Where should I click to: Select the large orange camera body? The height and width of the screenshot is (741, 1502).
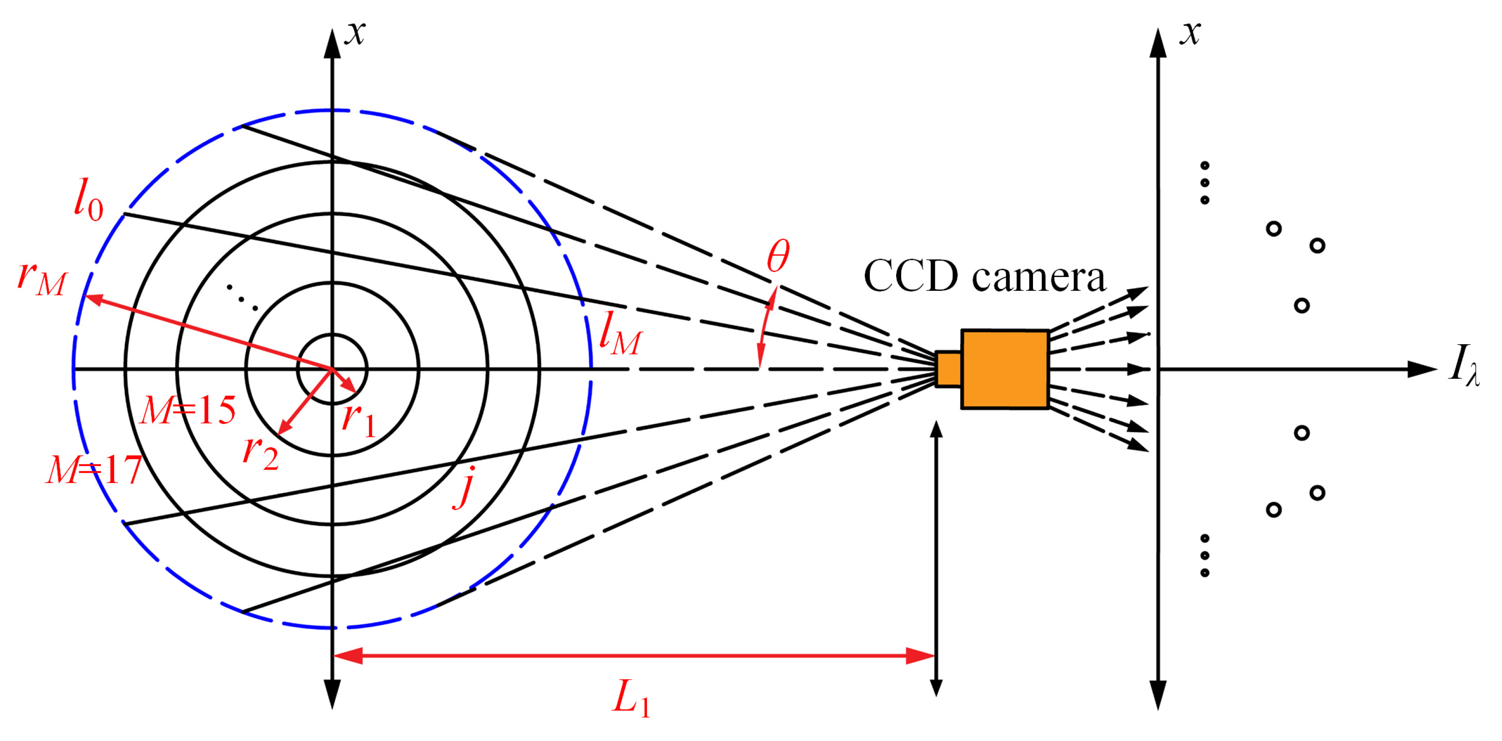click(x=1005, y=369)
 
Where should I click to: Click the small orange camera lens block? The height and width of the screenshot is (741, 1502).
click(x=948, y=369)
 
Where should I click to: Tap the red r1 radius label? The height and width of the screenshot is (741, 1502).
click(x=358, y=420)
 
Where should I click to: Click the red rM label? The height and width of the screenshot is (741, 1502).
click(x=42, y=279)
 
